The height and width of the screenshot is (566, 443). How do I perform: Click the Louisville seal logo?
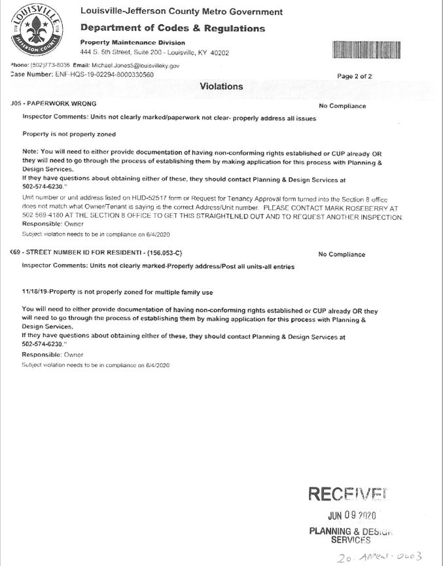(x=37, y=31)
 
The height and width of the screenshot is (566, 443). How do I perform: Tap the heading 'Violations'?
(x=221, y=86)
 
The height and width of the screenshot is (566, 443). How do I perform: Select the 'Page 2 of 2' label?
(x=354, y=77)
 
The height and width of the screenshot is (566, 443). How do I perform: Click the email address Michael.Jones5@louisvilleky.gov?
(x=134, y=65)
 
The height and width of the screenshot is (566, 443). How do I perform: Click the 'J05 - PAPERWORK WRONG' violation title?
(x=54, y=104)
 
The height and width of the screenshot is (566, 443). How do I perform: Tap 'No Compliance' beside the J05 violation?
(x=342, y=106)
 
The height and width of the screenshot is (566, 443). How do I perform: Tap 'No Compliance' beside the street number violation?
(x=342, y=255)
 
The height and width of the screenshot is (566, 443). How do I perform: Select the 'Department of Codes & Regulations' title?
(x=172, y=28)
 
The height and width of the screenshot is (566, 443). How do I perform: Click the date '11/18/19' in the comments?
(x=34, y=292)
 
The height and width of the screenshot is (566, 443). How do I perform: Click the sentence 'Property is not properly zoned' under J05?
(x=69, y=134)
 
